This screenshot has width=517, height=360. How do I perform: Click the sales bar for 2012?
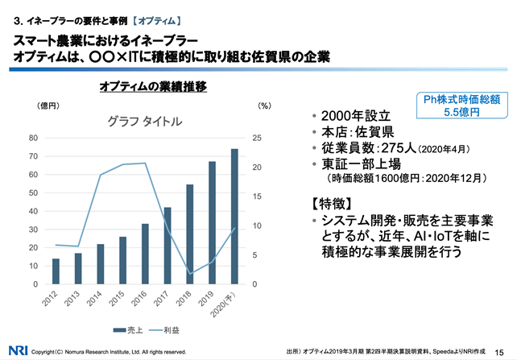[56, 271]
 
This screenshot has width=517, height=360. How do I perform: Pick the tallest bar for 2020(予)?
[234, 217]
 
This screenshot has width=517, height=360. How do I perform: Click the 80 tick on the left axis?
[34, 138]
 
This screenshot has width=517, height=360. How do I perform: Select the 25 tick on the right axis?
[256, 138]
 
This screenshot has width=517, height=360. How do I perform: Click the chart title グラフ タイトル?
[145, 122]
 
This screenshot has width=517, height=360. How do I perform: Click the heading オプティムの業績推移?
[153, 85]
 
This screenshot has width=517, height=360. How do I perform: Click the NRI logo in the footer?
[18, 350]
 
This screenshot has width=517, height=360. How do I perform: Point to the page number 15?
[498, 350]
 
